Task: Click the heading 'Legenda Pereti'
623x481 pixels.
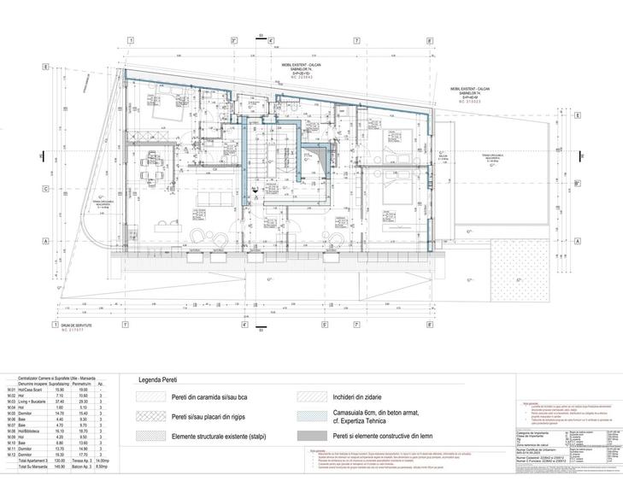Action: click(x=162, y=382)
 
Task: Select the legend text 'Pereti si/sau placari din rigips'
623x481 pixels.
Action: click(x=215, y=417)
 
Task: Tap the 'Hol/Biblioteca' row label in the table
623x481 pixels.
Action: click(x=32, y=431)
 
